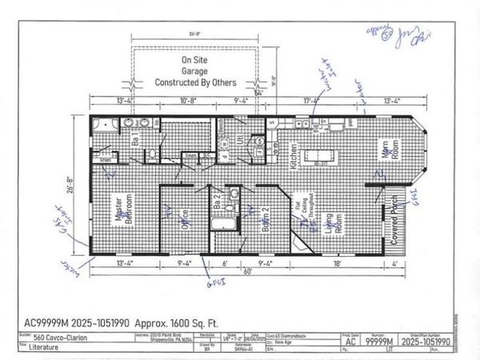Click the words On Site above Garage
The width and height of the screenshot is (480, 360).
194,59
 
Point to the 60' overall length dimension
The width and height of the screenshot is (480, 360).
248,271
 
